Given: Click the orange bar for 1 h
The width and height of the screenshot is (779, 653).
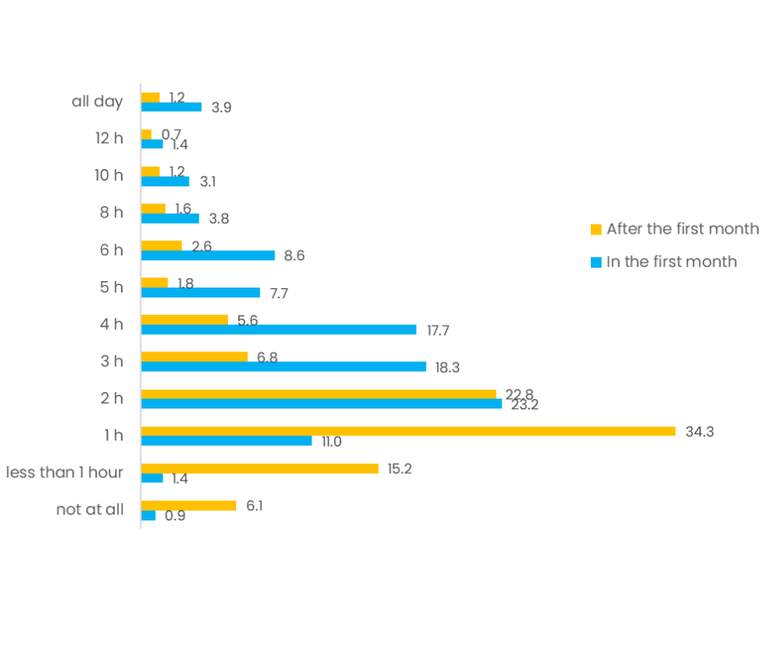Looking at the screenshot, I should click(x=408, y=431).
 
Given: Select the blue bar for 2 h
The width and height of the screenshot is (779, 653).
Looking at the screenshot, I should click(x=321, y=404).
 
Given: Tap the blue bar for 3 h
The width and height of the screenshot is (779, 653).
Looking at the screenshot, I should click(x=283, y=366).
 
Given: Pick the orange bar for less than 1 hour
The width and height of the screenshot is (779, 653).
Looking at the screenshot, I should click(x=259, y=468).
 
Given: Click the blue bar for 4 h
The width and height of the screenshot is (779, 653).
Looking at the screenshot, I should click(x=278, y=329).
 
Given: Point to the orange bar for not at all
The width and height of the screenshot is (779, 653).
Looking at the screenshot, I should click(x=188, y=505).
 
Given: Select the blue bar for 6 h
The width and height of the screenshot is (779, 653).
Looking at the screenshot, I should click(x=207, y=255).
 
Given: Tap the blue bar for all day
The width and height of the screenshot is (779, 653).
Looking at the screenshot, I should click(x=171, y=107).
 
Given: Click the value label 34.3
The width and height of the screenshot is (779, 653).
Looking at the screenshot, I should click(x=699, y=431).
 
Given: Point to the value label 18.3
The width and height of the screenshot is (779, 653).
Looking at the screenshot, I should click(x=448, y=367).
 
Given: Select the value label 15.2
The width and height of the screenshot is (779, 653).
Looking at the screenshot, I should click(x=399, y=468).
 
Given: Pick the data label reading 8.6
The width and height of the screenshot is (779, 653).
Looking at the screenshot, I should click(x=294, y=255).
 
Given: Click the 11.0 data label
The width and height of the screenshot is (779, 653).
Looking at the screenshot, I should click(x=331, y=441).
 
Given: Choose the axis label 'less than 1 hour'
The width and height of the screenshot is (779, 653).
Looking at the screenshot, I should click(x=65, y=472).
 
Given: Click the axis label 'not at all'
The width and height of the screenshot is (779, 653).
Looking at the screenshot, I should click(x=90, y=510).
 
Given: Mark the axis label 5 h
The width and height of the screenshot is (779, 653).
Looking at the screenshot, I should click(x=111, y=287).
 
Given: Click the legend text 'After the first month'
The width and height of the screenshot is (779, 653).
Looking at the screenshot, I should click(x=682, y=229).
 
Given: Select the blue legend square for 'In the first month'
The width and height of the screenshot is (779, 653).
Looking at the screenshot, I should click(x=596, y=262).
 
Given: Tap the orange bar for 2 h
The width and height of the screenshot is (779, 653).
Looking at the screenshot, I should click(x=318, y=394).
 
